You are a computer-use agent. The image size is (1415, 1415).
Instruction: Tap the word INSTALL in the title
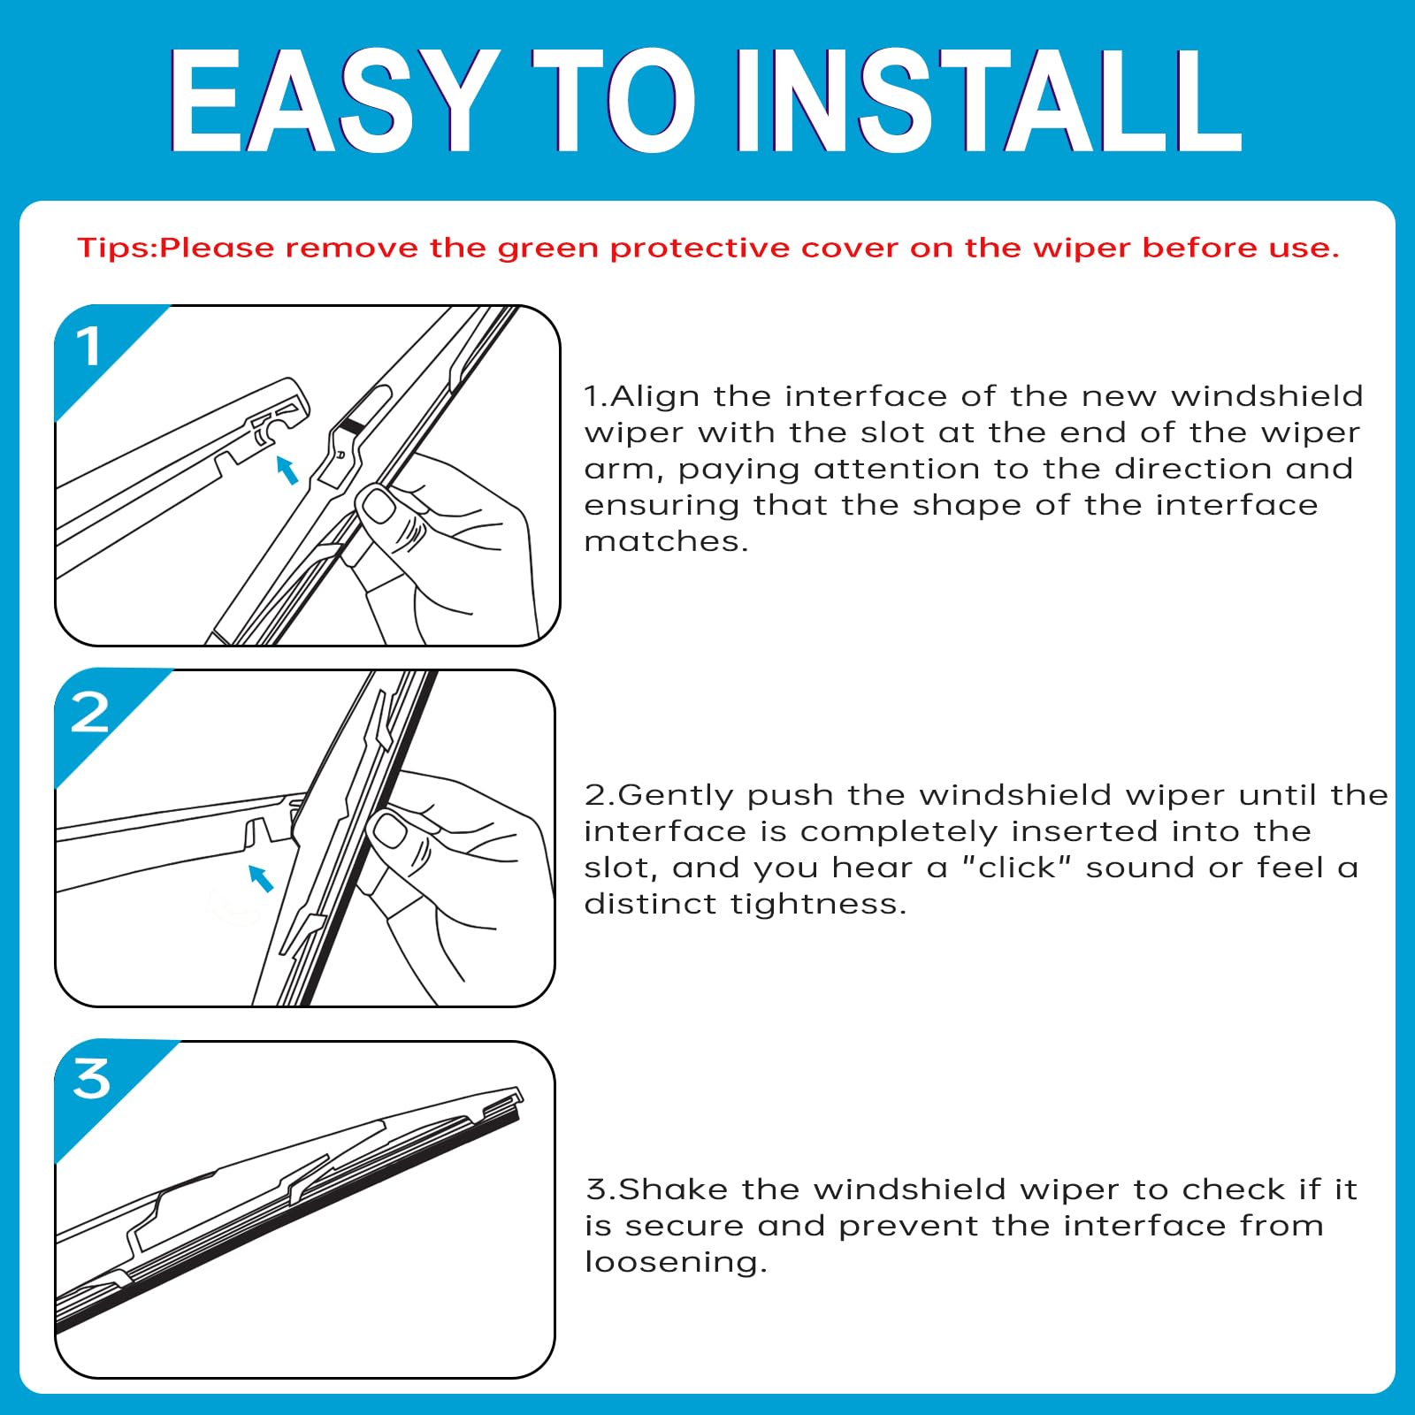(x=990, y=100)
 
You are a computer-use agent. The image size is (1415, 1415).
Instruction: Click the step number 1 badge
(x=88, y=346)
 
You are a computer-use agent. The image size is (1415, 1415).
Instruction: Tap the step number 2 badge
(x=89, y=712)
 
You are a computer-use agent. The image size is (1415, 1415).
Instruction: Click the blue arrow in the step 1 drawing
(x=287, y=470)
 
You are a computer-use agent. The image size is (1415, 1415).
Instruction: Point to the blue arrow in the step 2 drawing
(x=261, y=878)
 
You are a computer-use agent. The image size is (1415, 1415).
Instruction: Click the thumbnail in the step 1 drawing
(x=379, y=507)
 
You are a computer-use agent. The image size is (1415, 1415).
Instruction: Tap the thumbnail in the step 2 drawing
(x=389, y=830)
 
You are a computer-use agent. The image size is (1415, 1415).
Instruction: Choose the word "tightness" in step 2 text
(x=814, y=904)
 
